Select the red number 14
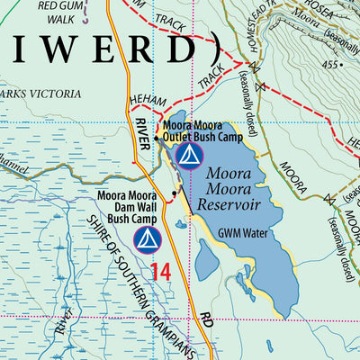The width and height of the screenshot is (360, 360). (x=161, y=271)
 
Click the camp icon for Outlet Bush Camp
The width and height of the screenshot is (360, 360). (x=187, y=157)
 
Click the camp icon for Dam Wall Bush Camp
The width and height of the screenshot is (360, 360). (x=147, y=238)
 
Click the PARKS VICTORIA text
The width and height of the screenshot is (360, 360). (x=40, y=93)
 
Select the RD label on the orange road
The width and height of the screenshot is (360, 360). (x=206, y=321)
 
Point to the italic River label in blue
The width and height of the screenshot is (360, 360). (x=64, y=321)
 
